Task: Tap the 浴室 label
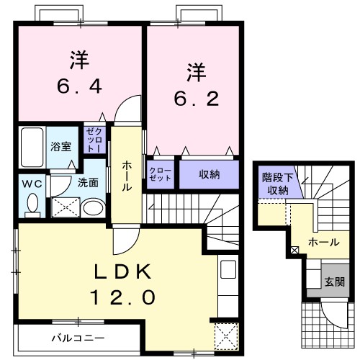pos(60,146)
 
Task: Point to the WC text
pos(30,183)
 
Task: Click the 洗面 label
pos(88,183)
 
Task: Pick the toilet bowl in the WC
pos(31,205)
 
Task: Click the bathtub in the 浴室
pos(31,146)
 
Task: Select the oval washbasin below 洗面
pos(92,209)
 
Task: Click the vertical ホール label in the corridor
pos(127,175)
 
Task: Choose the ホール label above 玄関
pos(323,243)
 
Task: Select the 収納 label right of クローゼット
pos(210,175)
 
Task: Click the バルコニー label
pos(78,338)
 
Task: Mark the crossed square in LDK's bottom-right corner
pos(228,336)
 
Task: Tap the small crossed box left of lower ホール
pos(294,250)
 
